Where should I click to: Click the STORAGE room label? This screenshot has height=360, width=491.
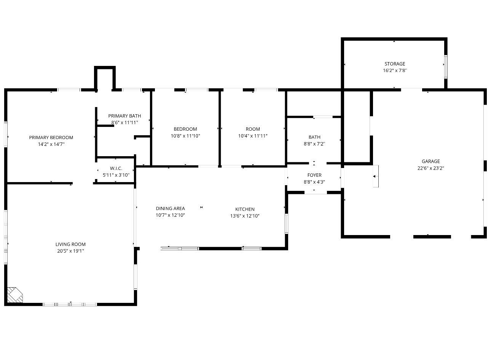[x=395, y=64]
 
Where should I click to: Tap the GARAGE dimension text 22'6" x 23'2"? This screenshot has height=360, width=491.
[x=430, y=168]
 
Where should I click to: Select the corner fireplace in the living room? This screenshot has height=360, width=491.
[x=15, y=295]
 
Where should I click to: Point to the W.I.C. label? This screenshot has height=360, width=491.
[x=116, y=168]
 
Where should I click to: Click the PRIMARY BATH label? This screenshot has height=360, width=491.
[x=124, y=116]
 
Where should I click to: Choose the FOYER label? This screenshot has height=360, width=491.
[x=314, y=175]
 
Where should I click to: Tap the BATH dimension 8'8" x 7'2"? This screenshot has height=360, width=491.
[x=314, y=144]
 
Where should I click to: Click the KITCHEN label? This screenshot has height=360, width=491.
[x=245, y=209]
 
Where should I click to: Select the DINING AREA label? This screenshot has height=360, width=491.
[x=170, y=208]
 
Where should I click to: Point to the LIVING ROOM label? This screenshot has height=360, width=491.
[x=70, y=244]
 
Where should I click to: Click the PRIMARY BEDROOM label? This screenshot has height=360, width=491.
[x=51, y=138]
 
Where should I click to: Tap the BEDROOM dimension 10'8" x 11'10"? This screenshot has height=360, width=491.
[x=185, y=136]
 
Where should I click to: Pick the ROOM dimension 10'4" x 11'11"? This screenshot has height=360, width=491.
[x=253, y=136]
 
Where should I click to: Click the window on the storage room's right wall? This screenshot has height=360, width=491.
[x=446, y=67]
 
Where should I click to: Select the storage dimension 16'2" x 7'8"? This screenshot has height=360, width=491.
[x=395, y=70]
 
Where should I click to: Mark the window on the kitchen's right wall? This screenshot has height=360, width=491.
[x=287, y=224]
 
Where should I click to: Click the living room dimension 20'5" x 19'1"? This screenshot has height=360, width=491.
[x=70, y=251]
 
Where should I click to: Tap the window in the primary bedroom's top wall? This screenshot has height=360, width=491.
[x=69, y=90]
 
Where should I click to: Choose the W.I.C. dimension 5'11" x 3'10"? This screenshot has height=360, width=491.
[x=116, y=175]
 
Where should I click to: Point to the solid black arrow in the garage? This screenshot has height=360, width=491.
[x=374, y=176]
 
